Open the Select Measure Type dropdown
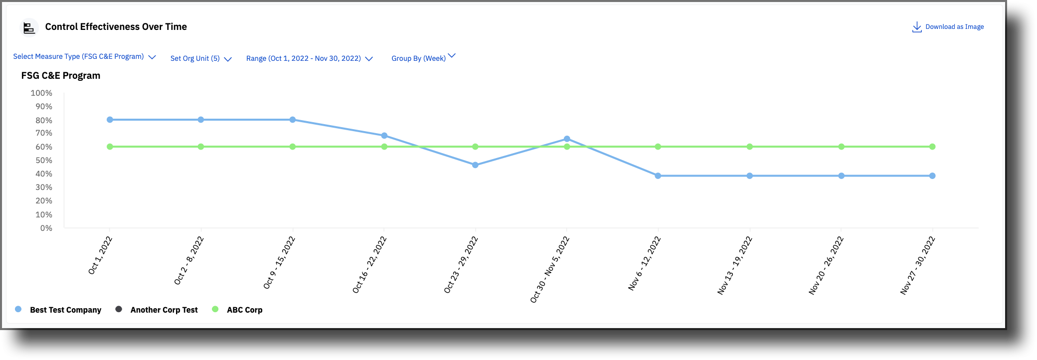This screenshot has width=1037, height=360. click(84, 57)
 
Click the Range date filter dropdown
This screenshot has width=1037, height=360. click(309, 59)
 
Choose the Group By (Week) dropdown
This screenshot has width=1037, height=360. click(423, 58)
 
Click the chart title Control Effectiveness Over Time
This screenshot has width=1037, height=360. click(116, 27)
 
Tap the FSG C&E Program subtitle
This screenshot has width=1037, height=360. click(61, 76)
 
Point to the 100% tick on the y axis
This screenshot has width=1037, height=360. click(41, 93)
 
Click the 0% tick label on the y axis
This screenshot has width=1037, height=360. click(46, 228)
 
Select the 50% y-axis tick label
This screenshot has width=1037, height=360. click(43, 161)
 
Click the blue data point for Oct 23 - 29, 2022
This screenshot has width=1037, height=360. click(475, 165)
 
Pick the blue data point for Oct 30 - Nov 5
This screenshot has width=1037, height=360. click(567, 139)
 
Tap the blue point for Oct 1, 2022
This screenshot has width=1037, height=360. click(110, 120)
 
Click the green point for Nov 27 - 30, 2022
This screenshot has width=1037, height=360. click(932, 147)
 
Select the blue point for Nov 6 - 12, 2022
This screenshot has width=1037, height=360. click(658, 176)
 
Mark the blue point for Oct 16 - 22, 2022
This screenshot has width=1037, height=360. click(384, 136)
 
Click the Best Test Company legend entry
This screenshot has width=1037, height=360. click(65, 310)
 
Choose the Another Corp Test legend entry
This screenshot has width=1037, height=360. click(164, 310)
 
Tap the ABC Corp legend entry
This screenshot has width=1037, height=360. click(244, 310)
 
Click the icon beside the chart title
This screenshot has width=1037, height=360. click(29, 27)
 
